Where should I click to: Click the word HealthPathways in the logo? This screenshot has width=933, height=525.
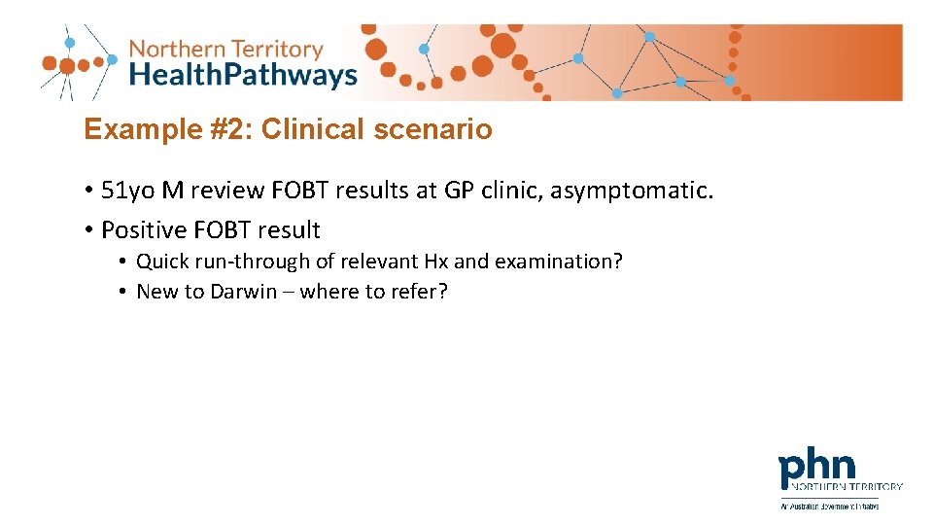pyautogui.click(x=243, y=75)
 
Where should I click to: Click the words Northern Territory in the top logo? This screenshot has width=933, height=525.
pyautogui.click(x=225, y=49)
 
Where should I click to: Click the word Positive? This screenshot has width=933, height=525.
pyautogui.click(x=144, y=230)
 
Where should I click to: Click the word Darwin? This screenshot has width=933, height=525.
pyautogui.click(x=244, y=292)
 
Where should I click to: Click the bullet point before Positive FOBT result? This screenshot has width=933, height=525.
pyautogui.click(x=87, y=230)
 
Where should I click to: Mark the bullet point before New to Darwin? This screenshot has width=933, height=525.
pyautogui.click(x=123, y=292)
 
